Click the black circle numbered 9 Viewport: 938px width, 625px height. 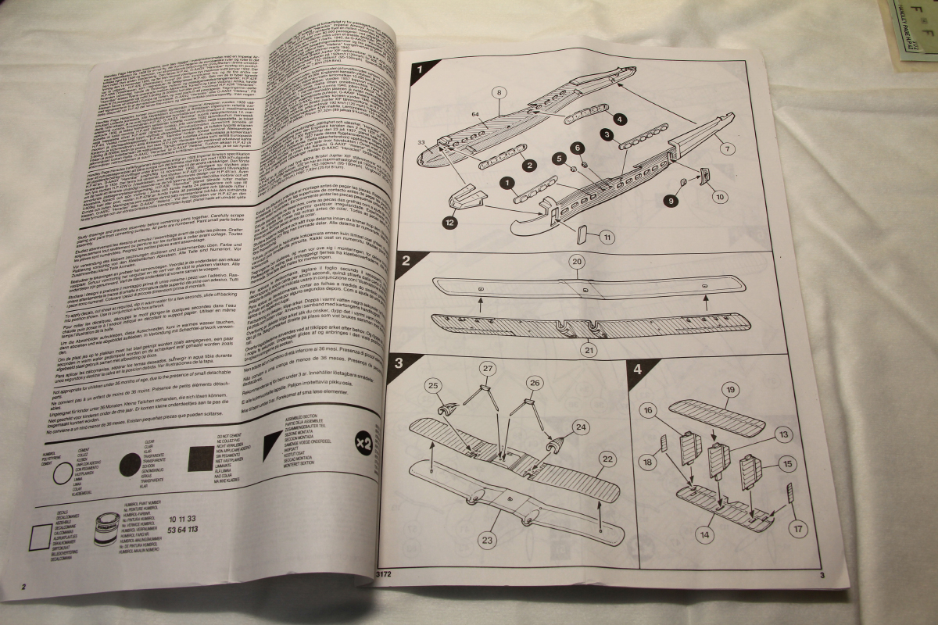pos(669,201)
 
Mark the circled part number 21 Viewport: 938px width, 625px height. pos(588,349)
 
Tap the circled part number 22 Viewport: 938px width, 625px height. pos(607,459)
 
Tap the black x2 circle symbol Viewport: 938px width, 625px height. pos(362,439)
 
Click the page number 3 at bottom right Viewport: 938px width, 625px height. pos(822,577)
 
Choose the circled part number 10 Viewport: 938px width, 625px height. pos(718,195)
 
